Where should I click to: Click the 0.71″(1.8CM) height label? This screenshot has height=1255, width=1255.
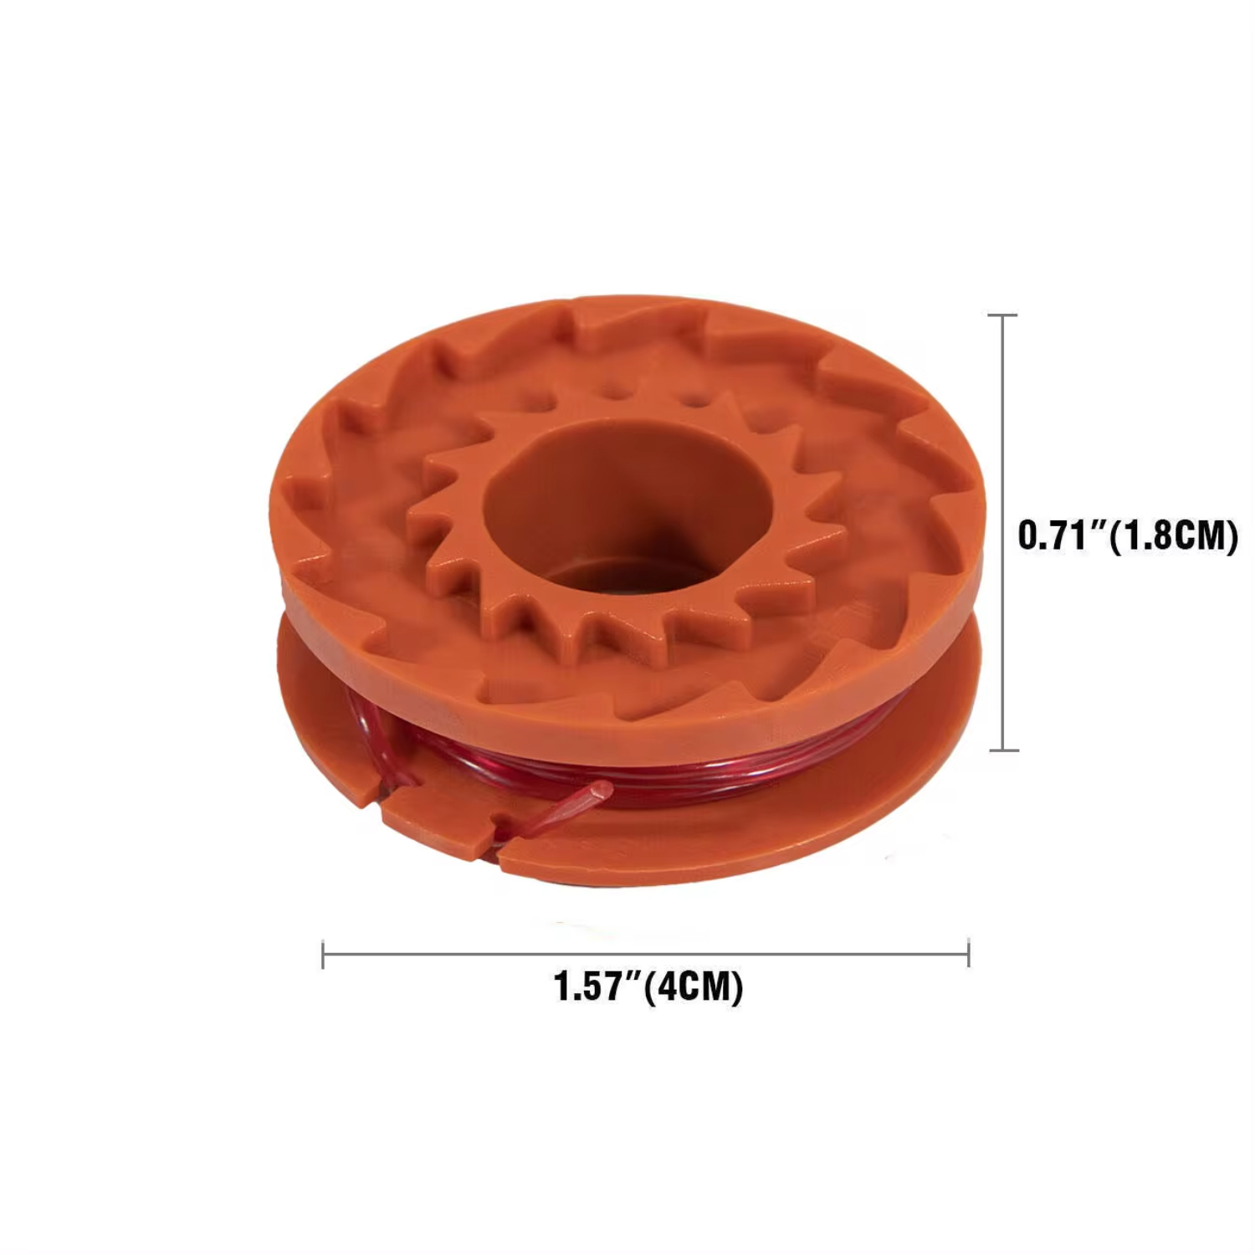(x=1127, y=535)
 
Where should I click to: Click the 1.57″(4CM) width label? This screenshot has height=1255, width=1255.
(x=648, y=986)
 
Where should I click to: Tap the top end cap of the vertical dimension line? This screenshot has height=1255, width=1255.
(x=1002, y=315)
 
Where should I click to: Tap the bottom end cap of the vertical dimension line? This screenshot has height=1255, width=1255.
(x=1002, y=750)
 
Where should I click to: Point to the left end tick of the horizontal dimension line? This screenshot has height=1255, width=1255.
(x=323, y=954)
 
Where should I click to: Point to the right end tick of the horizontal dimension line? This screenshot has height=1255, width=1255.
(x=968, y=954)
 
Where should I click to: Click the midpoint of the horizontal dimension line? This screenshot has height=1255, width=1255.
(x=645, y=954)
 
